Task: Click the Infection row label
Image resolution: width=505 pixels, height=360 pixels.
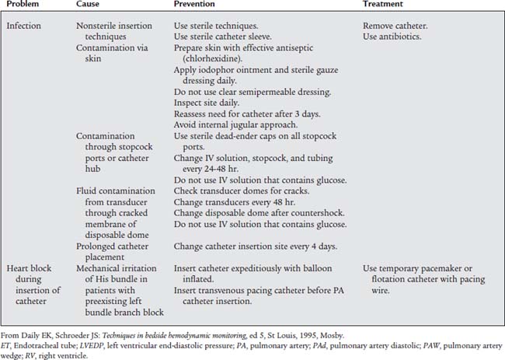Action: (24, 26)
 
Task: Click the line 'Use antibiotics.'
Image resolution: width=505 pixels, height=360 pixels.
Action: (392, 37)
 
